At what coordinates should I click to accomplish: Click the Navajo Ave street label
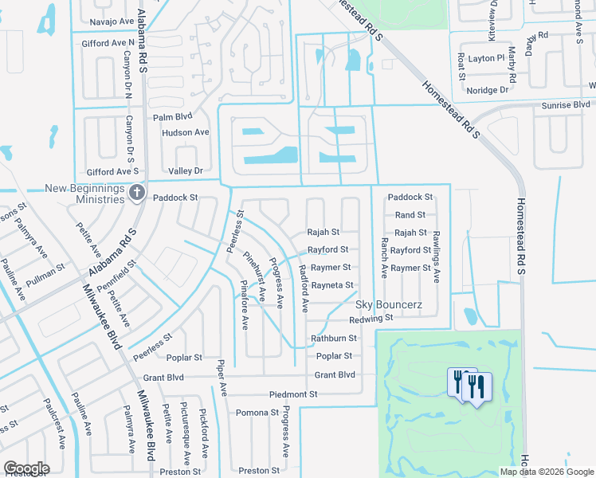pos(112,21)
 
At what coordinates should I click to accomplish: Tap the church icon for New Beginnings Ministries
pos(137,193)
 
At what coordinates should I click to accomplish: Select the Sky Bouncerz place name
pos(388,304)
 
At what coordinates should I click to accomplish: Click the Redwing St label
pos(372,318)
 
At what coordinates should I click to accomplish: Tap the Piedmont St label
pos(293,394)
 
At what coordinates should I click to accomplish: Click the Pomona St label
pos(257,413)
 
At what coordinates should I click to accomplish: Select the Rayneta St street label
pos(331,285)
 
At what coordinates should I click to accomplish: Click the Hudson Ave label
pos(185,132)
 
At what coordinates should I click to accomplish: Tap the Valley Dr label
pos(186,171)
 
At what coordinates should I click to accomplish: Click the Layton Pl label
pos(486,58)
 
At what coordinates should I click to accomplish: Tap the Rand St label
pos(410,215)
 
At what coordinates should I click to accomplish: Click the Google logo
pos(26,468)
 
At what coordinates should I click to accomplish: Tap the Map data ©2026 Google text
pos(547,472)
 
